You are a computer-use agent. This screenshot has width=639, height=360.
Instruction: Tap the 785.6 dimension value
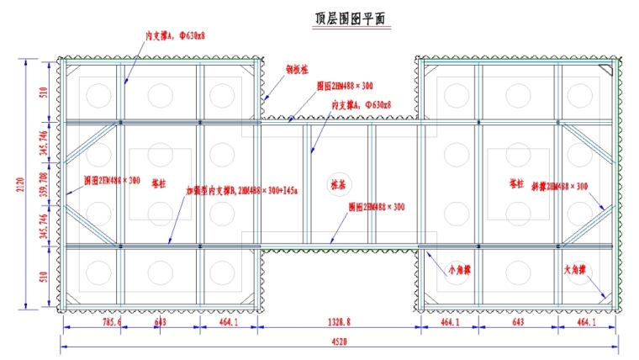tap(88, 322)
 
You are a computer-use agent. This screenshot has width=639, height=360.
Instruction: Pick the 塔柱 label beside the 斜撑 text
tap(517, 183)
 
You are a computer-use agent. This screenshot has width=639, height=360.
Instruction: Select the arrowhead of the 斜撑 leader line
tap(604, 208)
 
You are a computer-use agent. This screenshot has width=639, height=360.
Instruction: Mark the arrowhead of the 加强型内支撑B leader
tap(169, 243)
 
